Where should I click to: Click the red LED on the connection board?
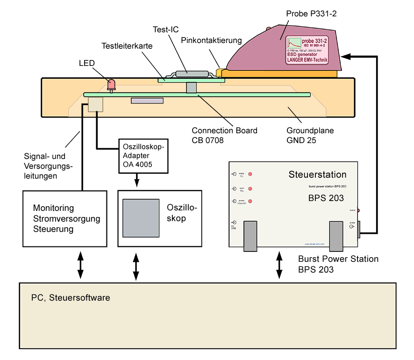[112, 85]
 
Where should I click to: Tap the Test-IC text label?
[165, 29]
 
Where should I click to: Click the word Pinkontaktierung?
[211, 40]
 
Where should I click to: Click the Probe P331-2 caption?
[311, 14]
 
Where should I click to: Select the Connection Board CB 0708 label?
[225, 135]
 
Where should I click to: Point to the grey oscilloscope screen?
[141, 218]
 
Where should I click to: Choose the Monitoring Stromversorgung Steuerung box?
[66, 218]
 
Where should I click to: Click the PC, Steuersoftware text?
[71, 297]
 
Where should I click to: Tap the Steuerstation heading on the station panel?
[317, 175]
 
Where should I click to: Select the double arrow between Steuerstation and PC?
[279, 265]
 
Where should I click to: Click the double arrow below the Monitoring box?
[80, 265]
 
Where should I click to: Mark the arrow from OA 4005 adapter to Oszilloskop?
[136, 179]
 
